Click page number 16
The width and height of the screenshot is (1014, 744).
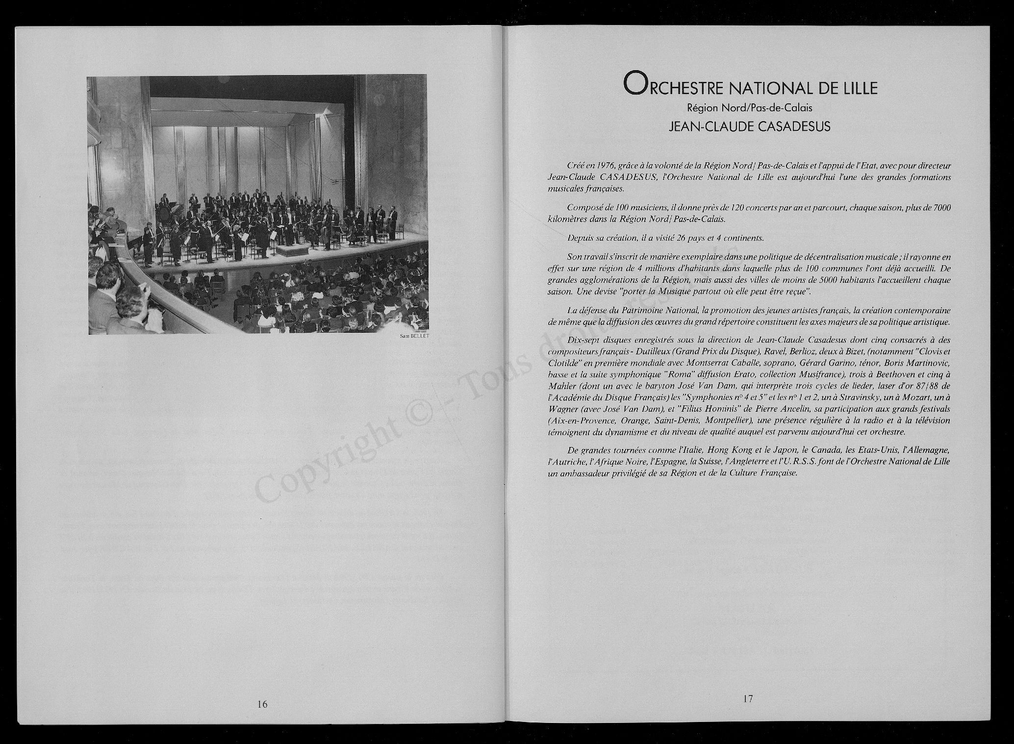(x=262, y=704)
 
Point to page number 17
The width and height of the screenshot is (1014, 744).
(x=748, y=699)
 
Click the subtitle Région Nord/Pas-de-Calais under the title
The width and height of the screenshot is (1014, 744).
(x=750, y=108)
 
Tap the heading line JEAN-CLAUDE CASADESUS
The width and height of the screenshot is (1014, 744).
(x=750, y=126)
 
